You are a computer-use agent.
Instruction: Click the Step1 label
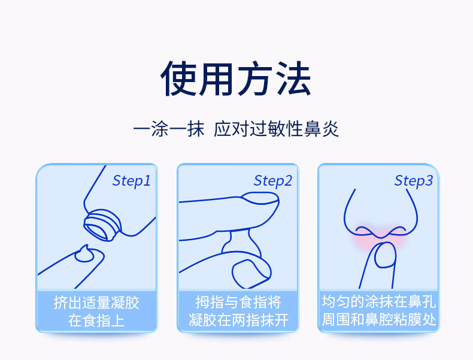[x=131, y=181]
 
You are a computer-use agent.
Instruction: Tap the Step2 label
[x=272, y=181]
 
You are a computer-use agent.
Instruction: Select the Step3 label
[x=414, y=181]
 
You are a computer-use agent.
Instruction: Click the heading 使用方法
[x=236, y=78]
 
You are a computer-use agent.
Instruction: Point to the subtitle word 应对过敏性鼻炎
[x=277, y=129]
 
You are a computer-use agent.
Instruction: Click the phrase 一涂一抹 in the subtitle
[x=169, y=129]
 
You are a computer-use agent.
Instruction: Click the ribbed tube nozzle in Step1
[x=102, y=225]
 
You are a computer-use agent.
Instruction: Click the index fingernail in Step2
[x=260, y=198]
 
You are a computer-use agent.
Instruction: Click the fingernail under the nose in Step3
[x=385, y=255]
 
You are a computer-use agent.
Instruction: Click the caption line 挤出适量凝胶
[x=96, y=302]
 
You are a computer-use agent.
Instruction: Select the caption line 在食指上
[x=96, y=320]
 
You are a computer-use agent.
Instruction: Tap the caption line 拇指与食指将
[x=238, y=302]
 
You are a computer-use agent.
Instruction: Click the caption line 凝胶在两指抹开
[x=238, y=320]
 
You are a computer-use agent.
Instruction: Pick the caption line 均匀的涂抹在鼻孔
[x=379, y=301]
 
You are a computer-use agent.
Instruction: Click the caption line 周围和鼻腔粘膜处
[x=379, y=319]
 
